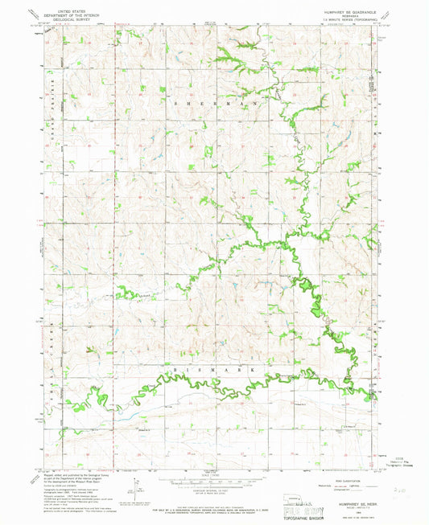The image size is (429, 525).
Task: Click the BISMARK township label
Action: click(x=216, y=367)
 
